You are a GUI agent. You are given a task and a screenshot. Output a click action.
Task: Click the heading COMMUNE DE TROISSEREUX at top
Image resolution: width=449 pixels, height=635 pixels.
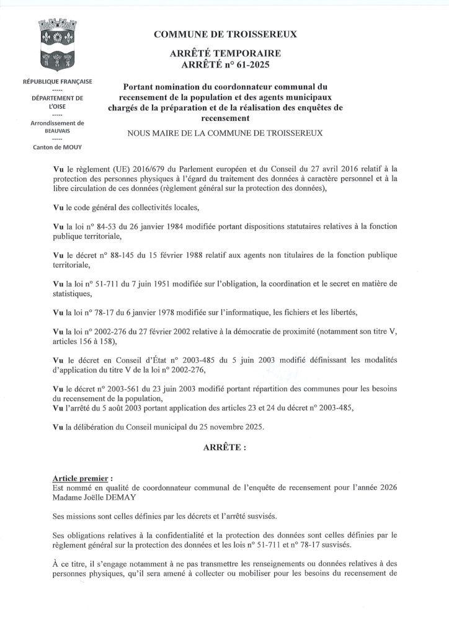point(225,35)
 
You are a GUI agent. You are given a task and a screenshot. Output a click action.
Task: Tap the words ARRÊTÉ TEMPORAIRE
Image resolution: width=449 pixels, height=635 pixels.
point(225,54)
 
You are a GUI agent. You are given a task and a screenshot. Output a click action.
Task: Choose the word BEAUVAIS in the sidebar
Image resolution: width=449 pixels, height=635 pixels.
point(57,131)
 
